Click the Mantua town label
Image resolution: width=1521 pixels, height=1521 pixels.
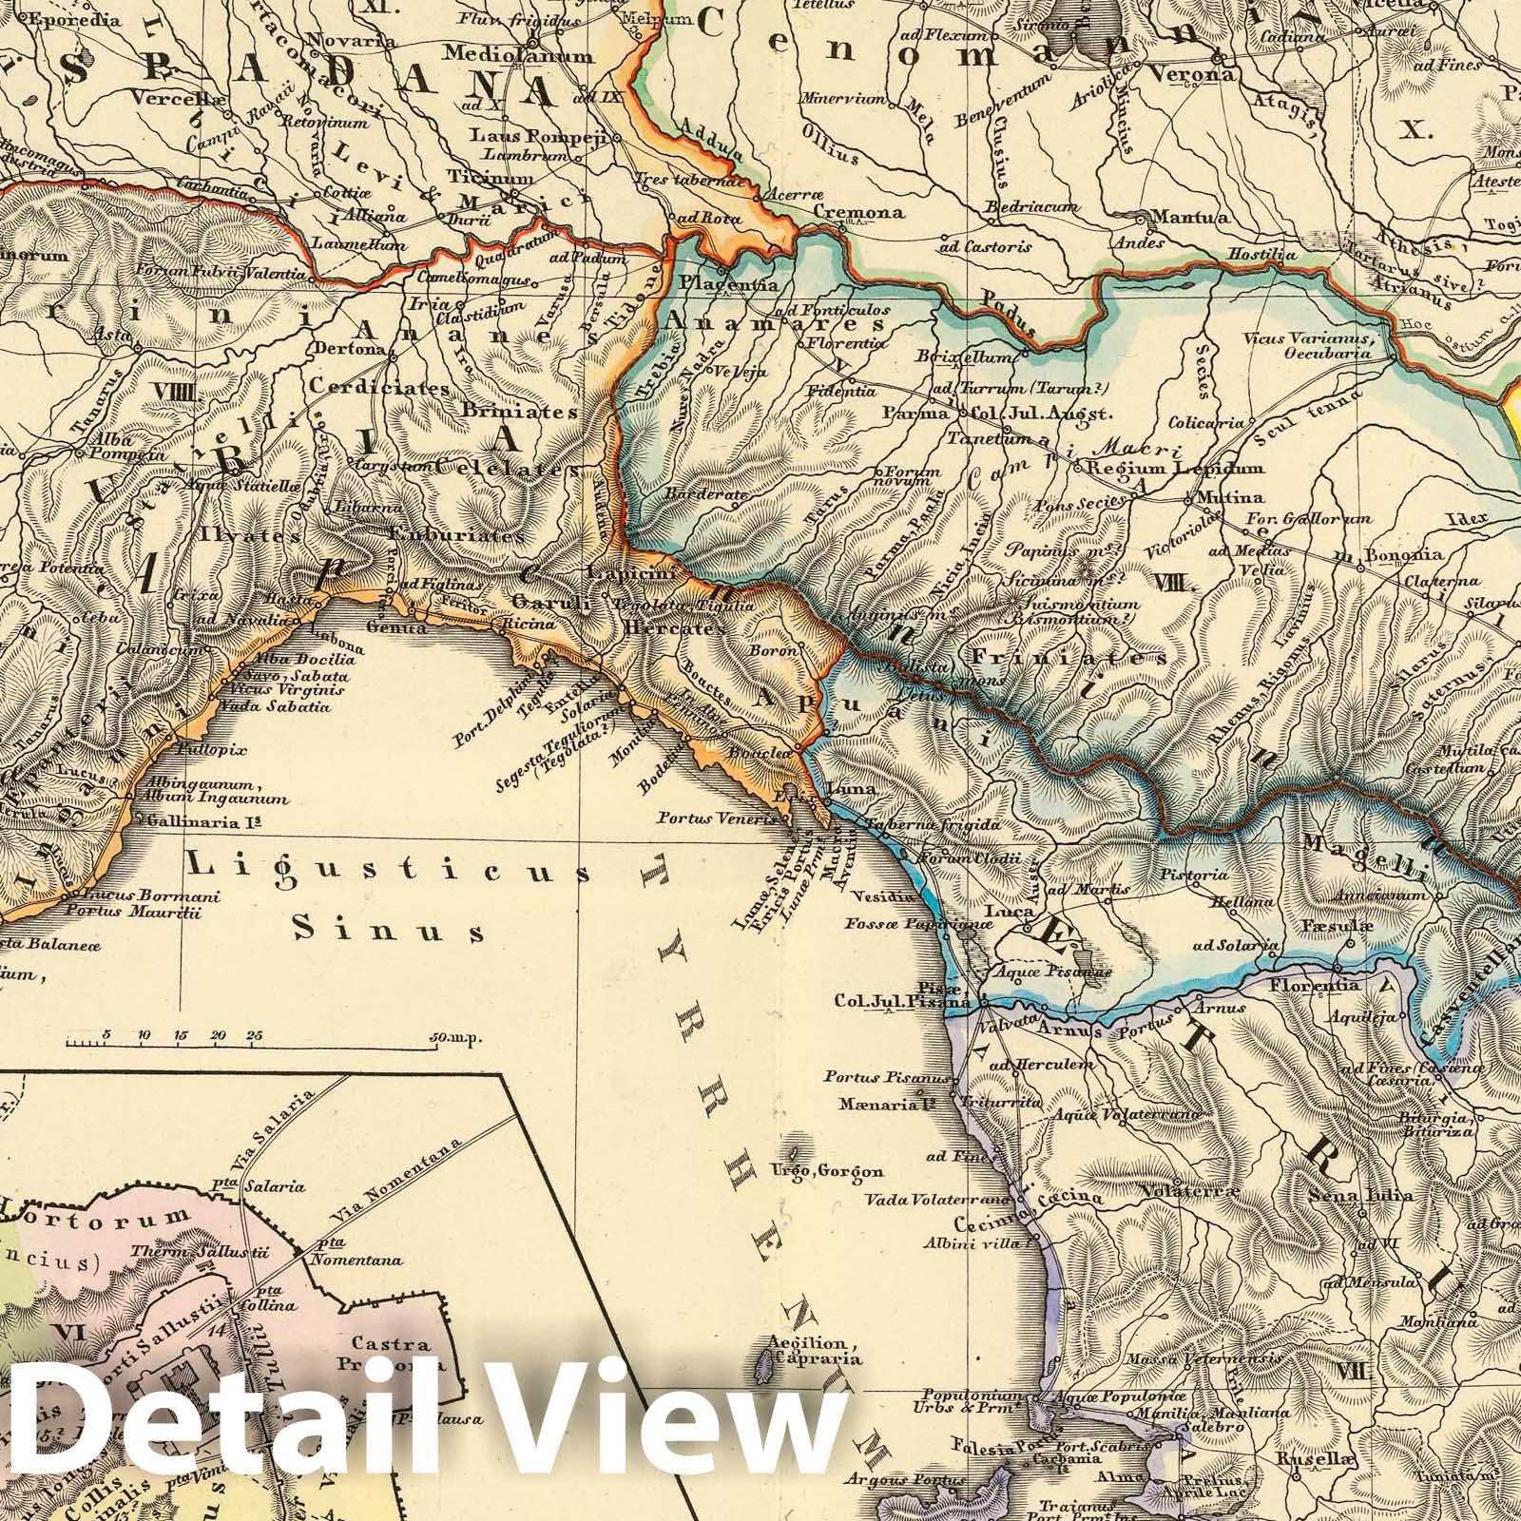(1187, 218)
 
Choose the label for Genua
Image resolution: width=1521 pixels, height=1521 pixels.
(390, 627)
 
